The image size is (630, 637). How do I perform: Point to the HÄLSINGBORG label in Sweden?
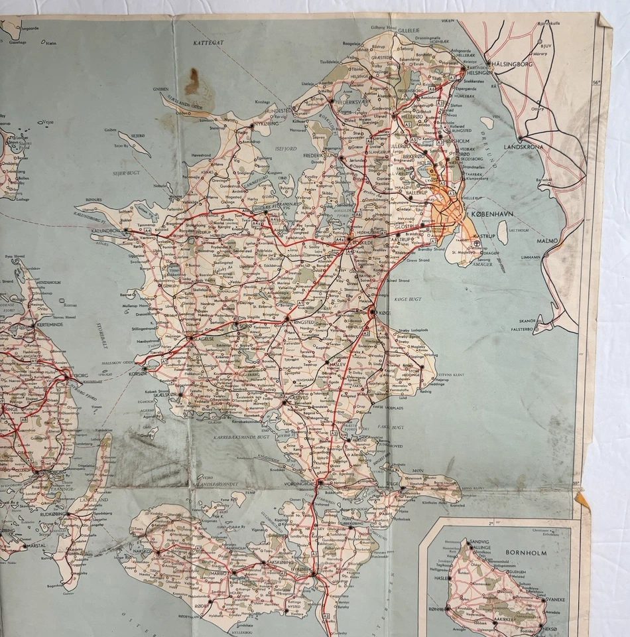point(515,65)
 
